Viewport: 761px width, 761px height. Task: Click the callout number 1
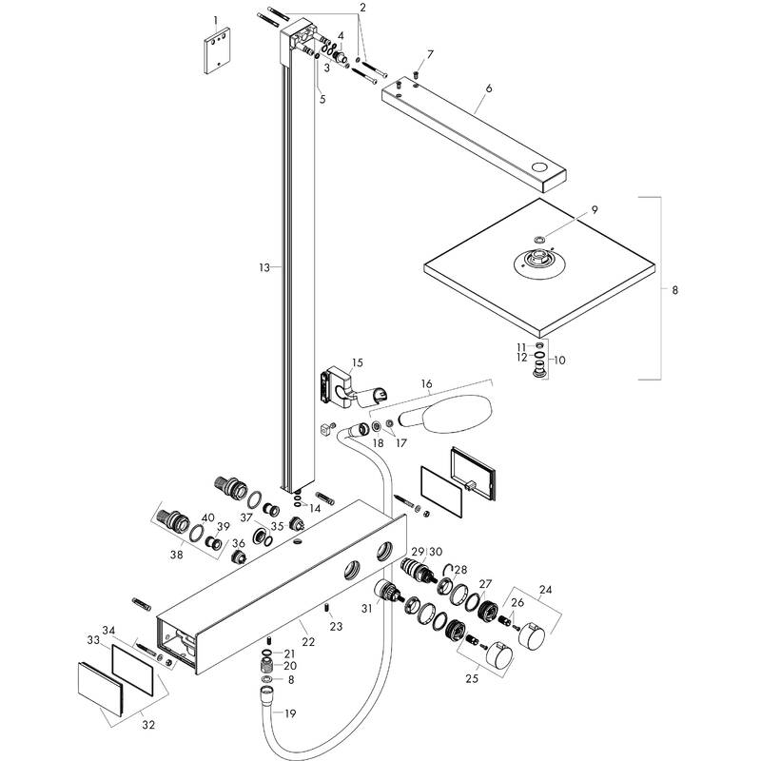tap(216, 20)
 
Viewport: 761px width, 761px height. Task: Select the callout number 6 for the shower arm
tap(488, 88)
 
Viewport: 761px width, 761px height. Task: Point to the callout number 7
tap(430, 54)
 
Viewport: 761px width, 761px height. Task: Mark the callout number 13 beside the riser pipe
tap(264, 269)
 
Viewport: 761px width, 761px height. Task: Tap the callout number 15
tap(358, 362)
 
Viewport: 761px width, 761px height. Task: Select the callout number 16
tap(426, 384)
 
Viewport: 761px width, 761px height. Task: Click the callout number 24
tap(545, 588)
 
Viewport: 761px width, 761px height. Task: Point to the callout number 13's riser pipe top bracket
tap(296, 35)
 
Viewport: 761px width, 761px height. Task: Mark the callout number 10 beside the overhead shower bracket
tap(559, 361)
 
